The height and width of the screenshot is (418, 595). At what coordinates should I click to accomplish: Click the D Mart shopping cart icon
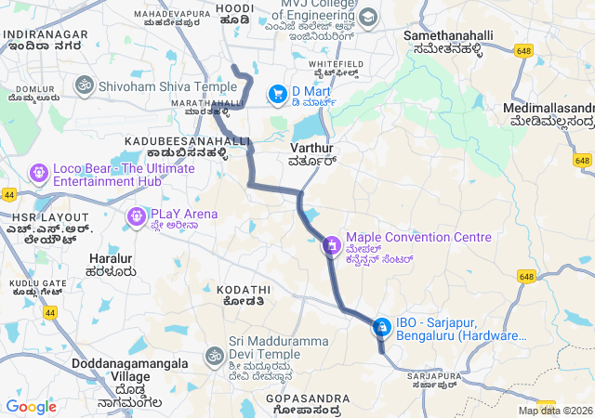277,94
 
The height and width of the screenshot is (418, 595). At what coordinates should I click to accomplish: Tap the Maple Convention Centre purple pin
331,246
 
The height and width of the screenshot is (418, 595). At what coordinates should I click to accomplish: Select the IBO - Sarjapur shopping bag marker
381,327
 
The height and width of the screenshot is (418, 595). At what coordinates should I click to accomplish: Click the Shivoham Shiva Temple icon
84,86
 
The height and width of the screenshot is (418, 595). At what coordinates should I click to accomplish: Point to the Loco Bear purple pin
38,172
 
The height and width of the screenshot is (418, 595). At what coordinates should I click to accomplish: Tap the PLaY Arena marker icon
136,217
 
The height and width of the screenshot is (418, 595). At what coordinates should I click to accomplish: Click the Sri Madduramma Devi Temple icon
214,356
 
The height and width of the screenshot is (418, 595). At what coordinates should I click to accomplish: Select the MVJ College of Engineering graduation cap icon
368,17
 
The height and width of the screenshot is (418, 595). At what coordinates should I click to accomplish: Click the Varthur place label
311,148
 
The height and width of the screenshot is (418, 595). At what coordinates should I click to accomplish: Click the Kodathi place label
244,290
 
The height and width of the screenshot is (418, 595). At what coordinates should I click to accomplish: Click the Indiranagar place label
46,34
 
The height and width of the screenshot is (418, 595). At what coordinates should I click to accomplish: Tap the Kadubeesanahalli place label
187,140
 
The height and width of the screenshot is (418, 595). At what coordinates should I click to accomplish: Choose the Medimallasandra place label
549,108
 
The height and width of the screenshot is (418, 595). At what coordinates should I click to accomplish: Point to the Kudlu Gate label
37,282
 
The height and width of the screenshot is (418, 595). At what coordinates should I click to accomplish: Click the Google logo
31,406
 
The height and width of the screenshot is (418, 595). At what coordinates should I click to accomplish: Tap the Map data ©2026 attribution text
555,411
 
